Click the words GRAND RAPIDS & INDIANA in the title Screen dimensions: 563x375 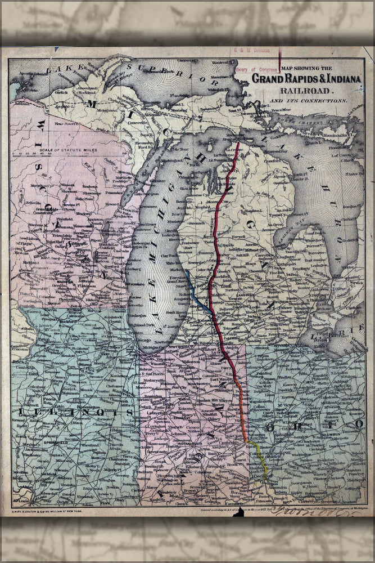click(x=306, y=79)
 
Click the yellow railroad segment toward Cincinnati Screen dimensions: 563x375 click(x=260, y=459)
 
